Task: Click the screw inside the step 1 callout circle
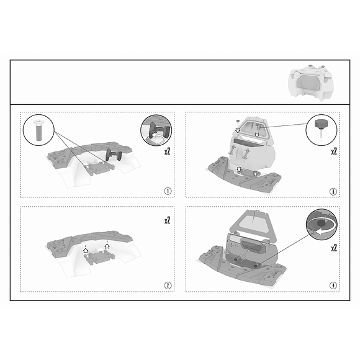click(38, 130)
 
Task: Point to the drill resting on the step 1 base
click(114, 155)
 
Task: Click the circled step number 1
click(168, 191)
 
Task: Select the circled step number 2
click(168, 286)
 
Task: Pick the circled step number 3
click(333, 191)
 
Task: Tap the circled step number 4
click(333, 286)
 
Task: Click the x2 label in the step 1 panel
click(168, 151)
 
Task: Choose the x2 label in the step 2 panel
click(168, 220)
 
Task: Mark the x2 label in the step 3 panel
click(334, 151)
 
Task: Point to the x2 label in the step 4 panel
click(334, 248)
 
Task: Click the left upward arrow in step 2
click(86, 250)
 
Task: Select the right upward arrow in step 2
click(107, 246)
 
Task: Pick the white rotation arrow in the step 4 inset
click(324, 232)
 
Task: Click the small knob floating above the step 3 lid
click(238, 122)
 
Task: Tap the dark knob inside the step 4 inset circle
click(322, 223)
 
